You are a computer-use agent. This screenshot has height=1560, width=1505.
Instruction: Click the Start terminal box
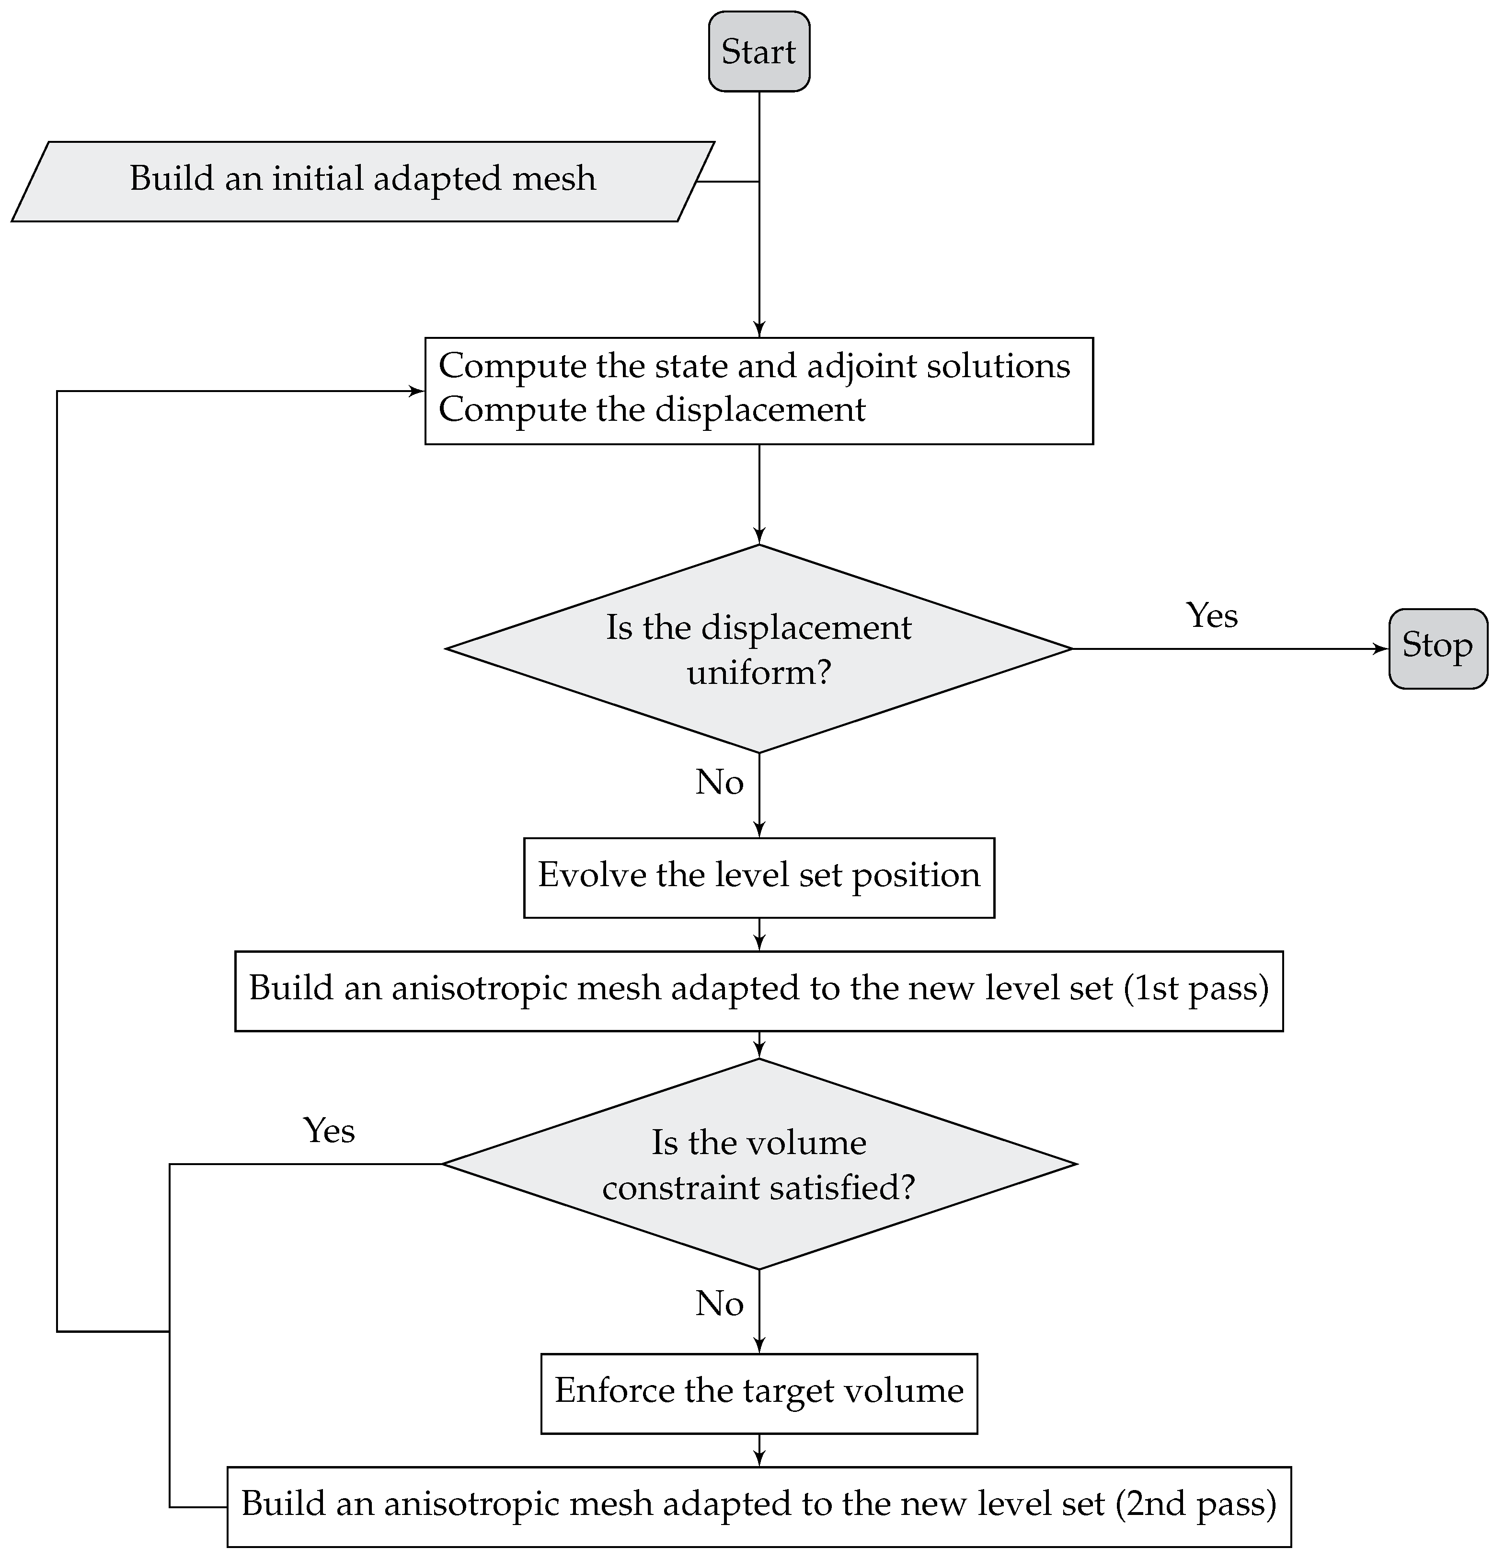(x=758, y=52)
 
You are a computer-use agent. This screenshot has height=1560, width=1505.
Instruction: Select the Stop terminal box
(x=1437, y=648)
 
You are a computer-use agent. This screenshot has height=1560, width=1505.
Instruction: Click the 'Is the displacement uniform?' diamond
(x=758, y=648)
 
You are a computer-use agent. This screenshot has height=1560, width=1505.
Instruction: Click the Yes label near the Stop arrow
(x=1211, y=615)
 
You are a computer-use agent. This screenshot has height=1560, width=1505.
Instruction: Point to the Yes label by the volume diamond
(x=329, y=1130)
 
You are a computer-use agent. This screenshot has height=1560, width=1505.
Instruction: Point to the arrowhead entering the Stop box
(x=1382, y=648)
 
